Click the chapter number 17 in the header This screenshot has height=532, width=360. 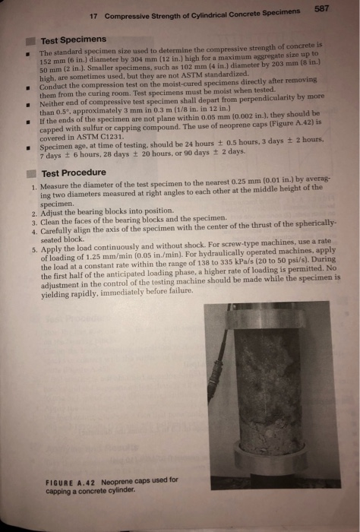click(x=94, y=17)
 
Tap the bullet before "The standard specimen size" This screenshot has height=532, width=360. click(x=27, y=55)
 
